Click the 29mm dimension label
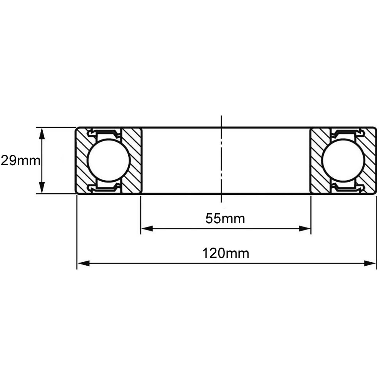(x=20, y=161)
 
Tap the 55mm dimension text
(x=225, y=219)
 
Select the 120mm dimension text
(x=225, y=253)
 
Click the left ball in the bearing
(x=108, y=161)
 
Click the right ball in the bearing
(x=343, y=161)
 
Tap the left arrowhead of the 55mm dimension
(x=147, y=229)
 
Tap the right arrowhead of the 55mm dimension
(x=305, y=229)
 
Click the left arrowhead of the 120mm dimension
(x=83, y=263)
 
